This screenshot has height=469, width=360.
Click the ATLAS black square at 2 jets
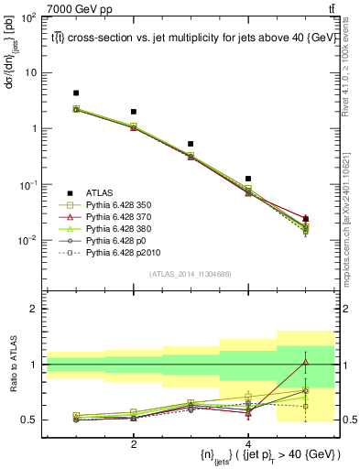(134, 112)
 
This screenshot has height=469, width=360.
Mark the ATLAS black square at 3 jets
(191, 144)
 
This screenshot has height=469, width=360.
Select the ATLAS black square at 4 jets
(248, 179)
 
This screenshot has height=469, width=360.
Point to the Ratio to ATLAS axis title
(14, 364)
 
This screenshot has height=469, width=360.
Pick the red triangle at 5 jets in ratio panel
(306, 362)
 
